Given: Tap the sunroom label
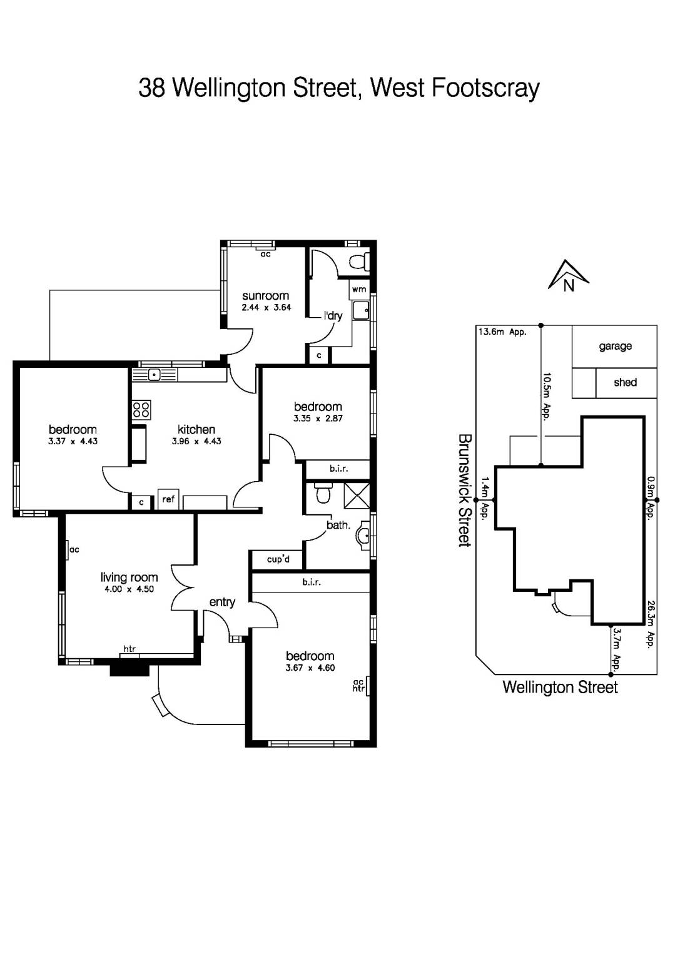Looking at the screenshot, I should [266, 296].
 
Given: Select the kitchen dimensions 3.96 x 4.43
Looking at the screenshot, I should [196, 441].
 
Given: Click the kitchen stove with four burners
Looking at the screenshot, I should [141, 409].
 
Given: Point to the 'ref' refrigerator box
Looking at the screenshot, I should [168, 499].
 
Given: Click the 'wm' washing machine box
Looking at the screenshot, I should [359, 289].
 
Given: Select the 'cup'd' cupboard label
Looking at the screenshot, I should [278, 559].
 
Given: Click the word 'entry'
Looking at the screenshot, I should [222, 602].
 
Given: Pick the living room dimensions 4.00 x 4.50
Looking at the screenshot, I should [128, 589].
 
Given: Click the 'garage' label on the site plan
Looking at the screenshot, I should [615, 346].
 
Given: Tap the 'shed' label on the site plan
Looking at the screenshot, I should [625, 382].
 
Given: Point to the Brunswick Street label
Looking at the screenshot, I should [464, 491].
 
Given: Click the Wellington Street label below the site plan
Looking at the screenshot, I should [560, 688].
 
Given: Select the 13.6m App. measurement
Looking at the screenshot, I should [502, 332].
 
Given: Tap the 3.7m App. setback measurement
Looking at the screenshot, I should [616, 649].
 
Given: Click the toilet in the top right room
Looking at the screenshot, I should [359, 262].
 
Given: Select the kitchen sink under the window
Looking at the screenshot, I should [154, 375].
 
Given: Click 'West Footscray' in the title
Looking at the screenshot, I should [455, 88].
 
